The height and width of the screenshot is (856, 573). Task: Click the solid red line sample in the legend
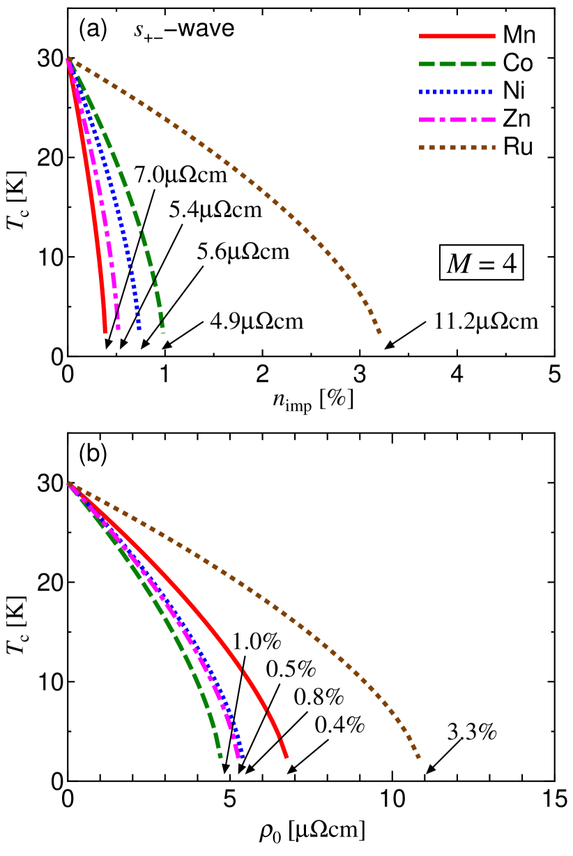(457, 36)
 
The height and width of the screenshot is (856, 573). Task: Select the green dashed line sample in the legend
(457, 64)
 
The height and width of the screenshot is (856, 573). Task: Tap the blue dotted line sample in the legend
(457, 92)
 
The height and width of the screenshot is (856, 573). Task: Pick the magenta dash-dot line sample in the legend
(457, 120)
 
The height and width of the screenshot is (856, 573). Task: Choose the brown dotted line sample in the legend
(457, 148)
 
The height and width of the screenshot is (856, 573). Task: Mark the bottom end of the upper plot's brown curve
(379, 332)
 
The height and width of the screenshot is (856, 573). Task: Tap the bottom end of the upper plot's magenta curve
(118, 328)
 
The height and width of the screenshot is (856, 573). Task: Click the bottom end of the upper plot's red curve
(105, 331)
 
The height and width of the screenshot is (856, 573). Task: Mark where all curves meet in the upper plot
(68, 60)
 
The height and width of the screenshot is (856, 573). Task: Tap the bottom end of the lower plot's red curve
(286, 756)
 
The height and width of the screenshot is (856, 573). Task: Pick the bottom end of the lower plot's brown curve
(418, 756)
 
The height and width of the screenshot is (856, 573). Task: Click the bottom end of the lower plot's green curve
(220, 756)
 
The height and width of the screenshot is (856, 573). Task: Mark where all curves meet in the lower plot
(69, 483)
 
